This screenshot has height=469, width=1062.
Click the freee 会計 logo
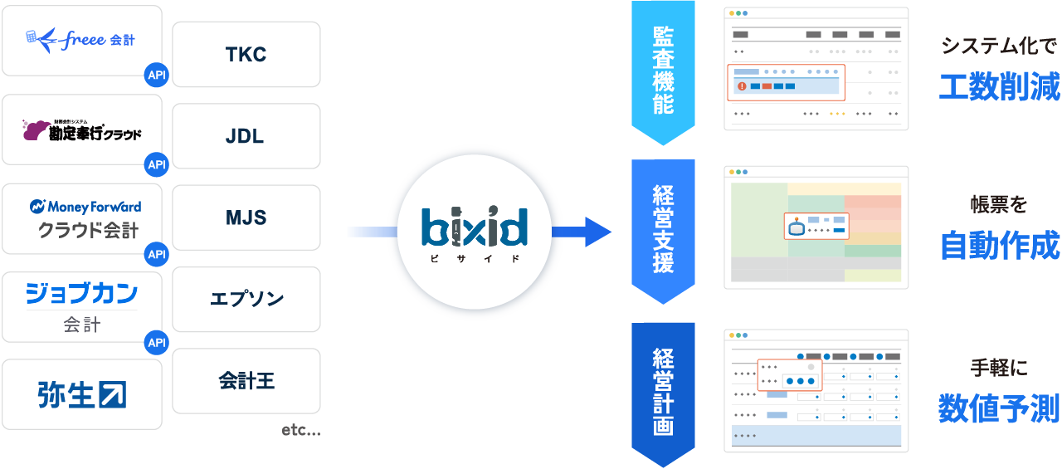tap(80, 39)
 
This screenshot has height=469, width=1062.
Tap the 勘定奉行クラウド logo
tap(81, 130)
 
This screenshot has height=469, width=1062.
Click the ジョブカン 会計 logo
tap(81, 305)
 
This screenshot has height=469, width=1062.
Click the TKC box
tap(246, 55)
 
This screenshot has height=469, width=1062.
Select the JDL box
tap(246, 136)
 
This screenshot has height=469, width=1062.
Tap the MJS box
tap(246, 217)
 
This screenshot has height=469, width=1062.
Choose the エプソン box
tap(246, 299)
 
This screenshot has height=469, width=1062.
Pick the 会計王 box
tap(246, 380)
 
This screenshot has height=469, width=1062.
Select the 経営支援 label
tap(663, 230)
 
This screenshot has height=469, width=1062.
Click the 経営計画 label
tap(663, 392)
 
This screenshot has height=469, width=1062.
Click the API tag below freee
tap(156, 75)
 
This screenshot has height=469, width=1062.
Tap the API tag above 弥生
tap(156, 342)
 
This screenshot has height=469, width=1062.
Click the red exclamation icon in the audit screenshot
tap(739, 85)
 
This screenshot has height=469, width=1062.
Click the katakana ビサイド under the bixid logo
tap(474, 259)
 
